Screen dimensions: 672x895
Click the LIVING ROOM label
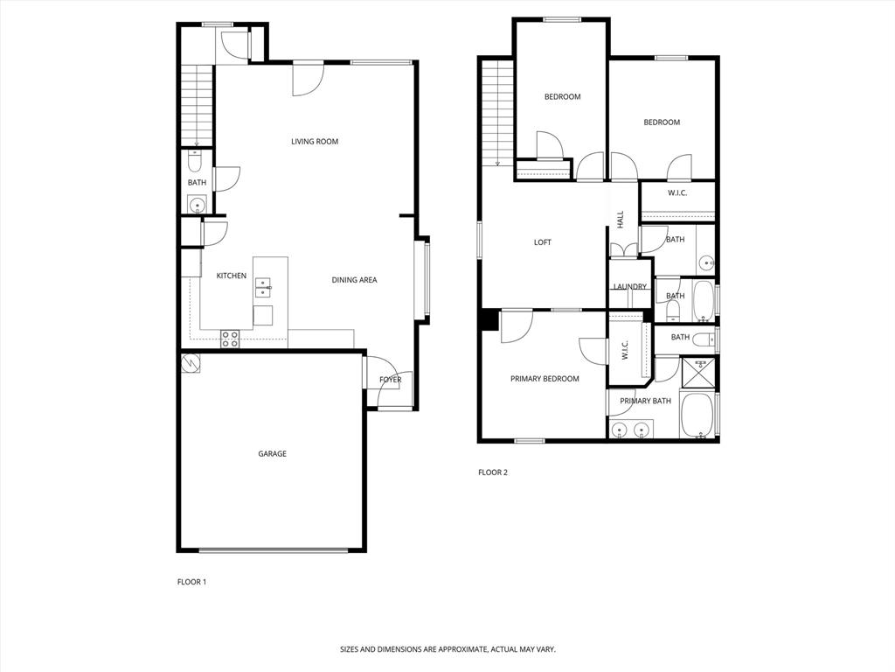click(315, 142)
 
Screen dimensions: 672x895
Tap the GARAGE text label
click(272, 454)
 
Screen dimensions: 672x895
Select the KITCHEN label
click(232, 276)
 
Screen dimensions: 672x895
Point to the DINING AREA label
click(354, 280)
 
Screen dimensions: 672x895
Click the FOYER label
click(391, 380)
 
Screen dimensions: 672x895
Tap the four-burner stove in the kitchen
click(230, 339)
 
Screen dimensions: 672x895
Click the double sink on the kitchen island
click(263, 285)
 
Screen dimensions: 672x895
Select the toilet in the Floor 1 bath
click(195, 161)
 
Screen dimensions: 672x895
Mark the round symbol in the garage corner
click(190, 362)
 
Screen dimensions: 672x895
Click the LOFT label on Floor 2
click(543, 242)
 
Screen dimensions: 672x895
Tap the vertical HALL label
click(620, 220)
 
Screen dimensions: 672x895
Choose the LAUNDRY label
click(630, 287)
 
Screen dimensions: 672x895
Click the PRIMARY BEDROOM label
click(545, 379)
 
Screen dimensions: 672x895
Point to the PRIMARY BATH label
click(645, 401)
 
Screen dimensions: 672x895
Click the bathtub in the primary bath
click(697, 418)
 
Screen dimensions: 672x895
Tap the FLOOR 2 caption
click(492, 472)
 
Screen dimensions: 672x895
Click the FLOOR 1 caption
click(191, 582)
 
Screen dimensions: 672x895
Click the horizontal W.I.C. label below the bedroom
click(677, 192)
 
